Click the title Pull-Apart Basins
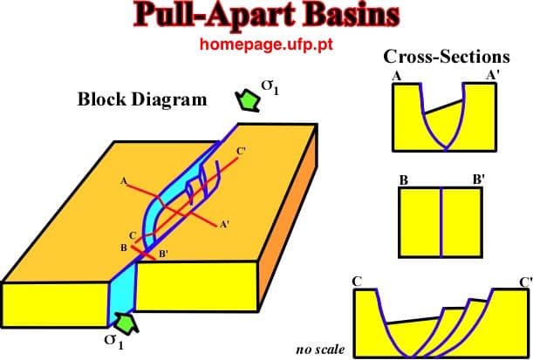(266, 16)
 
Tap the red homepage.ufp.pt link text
(266, 44)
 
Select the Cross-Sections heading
(447, 57)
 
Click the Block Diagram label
(142, 99)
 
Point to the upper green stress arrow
(248, 100)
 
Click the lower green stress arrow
(126, 323)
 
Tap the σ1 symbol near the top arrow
(270, 88)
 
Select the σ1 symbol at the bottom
(114, 341)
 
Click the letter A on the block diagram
(123, 181)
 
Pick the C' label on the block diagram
(241, 152)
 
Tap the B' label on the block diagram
(163, 254)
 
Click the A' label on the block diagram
(224, 224)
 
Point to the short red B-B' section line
(143, 254)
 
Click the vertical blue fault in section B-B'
(441, 222)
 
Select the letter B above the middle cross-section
(404, 180)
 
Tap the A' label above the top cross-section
(493, 75)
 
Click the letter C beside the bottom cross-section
(357, 282)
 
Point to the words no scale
(320, 350)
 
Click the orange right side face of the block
(289, 217)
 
